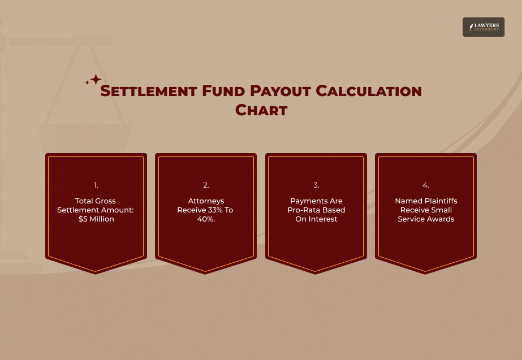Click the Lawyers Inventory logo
coord(483,27)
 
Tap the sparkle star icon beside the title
coord(94,80)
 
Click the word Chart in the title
coord(261,110)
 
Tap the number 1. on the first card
coord(96,185)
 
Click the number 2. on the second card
coord(206,185)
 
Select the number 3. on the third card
coord(316,185)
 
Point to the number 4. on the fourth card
coord(426,185)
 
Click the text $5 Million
coord(96,219)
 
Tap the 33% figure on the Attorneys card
coord(214,210)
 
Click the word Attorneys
coord(206,201)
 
